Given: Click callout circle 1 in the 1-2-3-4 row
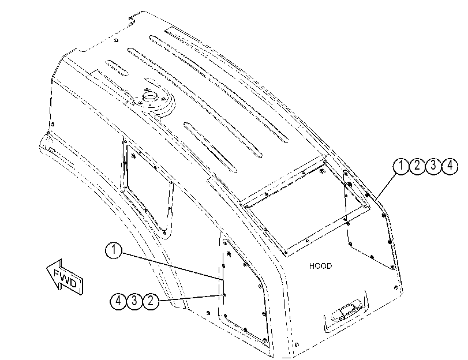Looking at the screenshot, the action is pyautogui.click(x=402, y=166).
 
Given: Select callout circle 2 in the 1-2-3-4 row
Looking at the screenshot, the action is pyautogui.click(x=417, y=166).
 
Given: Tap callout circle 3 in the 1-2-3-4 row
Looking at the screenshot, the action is pyautogui.click(x=433, y=166).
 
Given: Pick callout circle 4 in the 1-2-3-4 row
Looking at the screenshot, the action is pyautogui.click(x=450, y=166).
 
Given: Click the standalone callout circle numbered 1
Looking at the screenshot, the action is pyautogui.click(x=114, y=251).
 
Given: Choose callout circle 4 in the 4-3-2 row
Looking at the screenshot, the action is pyautogui.click(x=118, y=301).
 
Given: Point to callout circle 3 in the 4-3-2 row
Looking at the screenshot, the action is pyautogui.click(x=134, y=301).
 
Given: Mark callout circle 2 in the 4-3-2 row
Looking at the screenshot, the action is pyautogui.click(x=151, y=301).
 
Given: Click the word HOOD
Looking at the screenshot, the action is pyautogui.click(x=320, y=266).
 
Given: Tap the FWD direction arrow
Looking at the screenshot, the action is pyautogui.click(x=65, y=277).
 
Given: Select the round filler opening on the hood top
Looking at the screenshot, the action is pyautogui.click(x=149, y=97).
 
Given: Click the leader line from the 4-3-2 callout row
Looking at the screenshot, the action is pyautogui.click(x=191, y=298).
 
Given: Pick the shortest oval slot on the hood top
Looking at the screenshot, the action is pyautogui.click(x=117, y=68).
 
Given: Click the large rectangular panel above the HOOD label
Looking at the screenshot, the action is pyautogui.click(x=306, y=207).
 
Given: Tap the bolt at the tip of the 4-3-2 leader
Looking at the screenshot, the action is pyautogui.click(x=224, y=295).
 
